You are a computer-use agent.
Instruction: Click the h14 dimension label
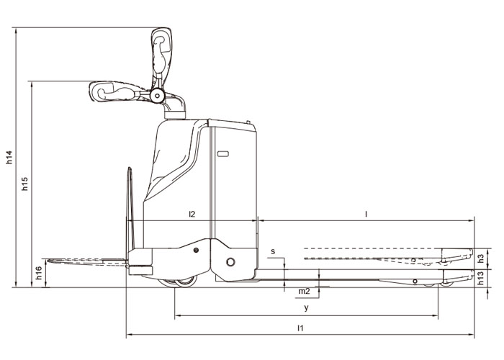[9, 157]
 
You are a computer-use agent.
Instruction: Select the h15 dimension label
[25, 184]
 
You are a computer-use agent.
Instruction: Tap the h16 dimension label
[39, 273]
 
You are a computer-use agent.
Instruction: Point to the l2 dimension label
[192, 214]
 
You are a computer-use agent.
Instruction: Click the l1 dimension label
[300, 328]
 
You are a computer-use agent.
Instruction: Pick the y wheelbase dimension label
[306, 308]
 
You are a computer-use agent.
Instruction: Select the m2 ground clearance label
[304, 291]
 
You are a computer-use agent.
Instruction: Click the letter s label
[273, 251]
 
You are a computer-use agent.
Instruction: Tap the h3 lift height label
[481, 258]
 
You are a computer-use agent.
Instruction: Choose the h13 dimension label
[481, 278]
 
